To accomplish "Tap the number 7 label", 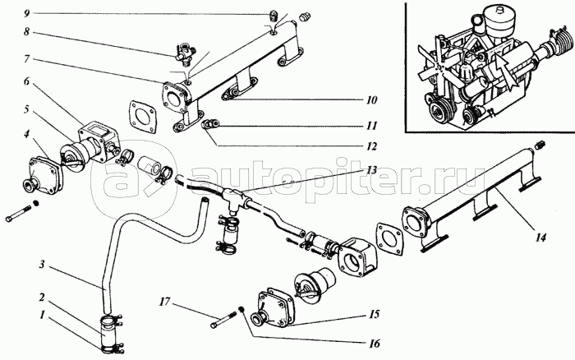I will point(26,60).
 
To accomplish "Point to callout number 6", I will point(26,83).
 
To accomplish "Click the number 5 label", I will point(26,108).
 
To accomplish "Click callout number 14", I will point(540,239).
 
